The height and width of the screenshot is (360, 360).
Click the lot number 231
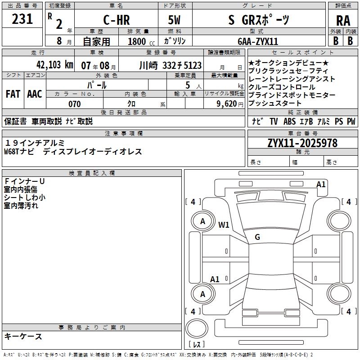point(22,19)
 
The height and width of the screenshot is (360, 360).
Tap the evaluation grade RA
point(343,21)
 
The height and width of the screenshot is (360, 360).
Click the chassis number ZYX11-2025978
point(302,143)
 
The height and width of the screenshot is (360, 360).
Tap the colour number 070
point(74,104)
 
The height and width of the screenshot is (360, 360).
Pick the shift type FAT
point(13,94)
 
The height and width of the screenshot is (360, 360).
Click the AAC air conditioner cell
point(34,94)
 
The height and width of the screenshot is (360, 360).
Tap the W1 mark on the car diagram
point(224,225)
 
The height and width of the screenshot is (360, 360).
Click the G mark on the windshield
point(257,237)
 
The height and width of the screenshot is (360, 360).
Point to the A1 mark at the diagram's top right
point(321,184)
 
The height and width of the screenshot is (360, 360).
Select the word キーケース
point(23,336)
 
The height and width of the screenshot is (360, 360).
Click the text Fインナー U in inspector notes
point(25,181)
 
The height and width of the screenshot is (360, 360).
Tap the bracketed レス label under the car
point(197,345)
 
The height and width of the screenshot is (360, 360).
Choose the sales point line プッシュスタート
point(275,103)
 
